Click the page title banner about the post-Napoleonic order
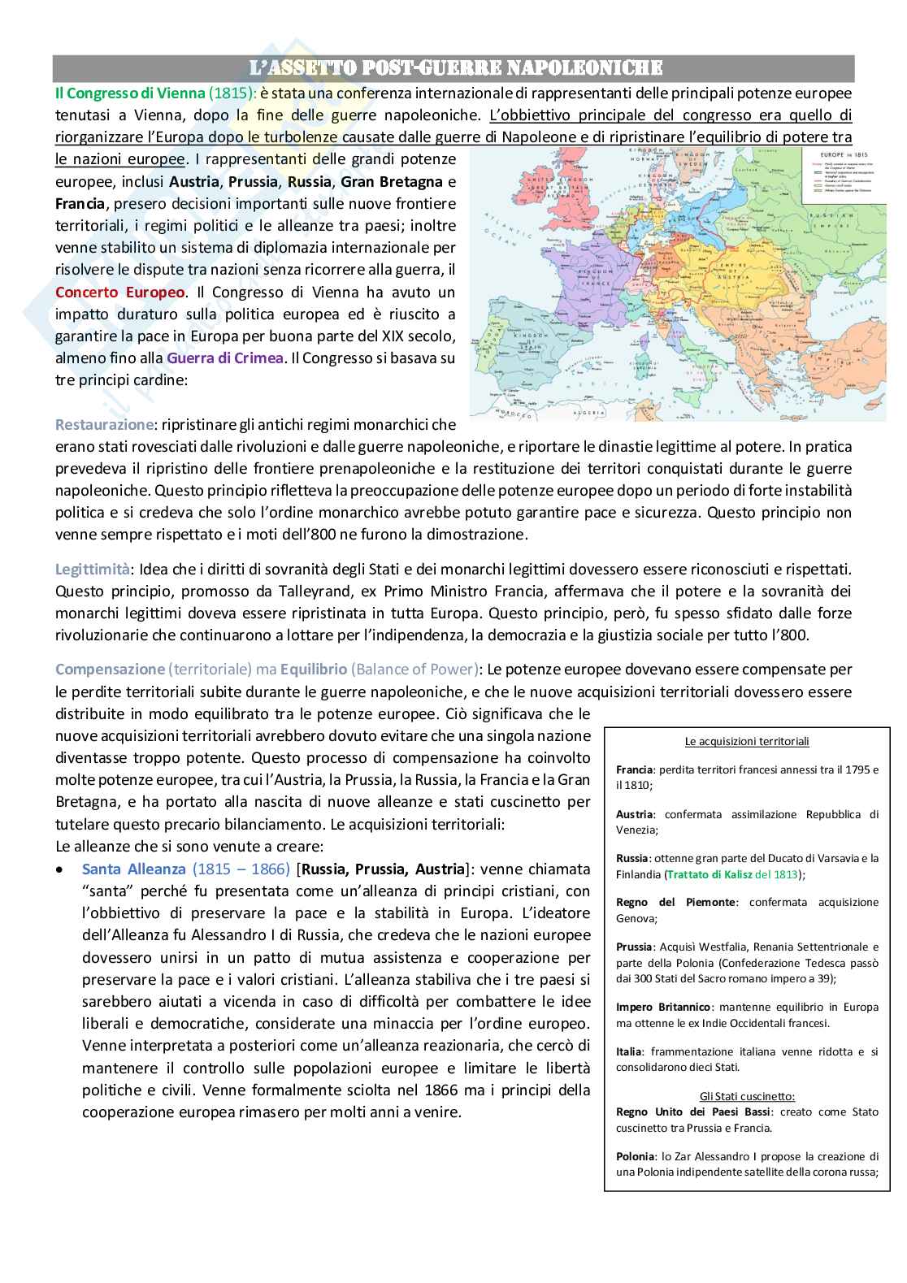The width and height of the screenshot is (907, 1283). click(x=453, y=67)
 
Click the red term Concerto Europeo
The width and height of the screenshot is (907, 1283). click(x=121, y=292)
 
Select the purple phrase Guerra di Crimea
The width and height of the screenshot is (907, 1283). click(x=225, y=358)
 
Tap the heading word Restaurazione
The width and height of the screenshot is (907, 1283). click(x=104, y=424)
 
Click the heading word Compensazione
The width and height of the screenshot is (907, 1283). click(x=110, y=670)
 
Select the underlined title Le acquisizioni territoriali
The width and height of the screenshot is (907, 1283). click(x=747, y=741)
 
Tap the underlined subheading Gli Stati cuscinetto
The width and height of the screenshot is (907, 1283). click(x=747, y=1096)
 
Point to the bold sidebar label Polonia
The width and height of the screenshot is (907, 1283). click(x=635, y=1156)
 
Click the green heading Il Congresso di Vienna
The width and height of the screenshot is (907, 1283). click(x=129, y=93)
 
